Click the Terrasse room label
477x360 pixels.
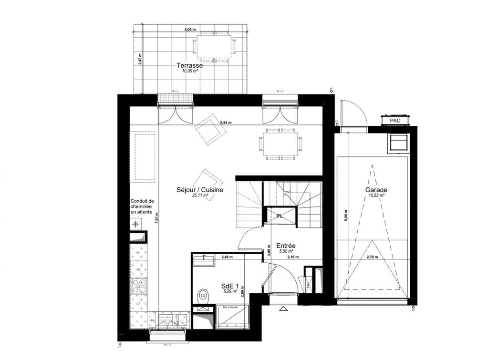point(189,66)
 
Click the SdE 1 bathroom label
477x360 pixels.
point(230,286)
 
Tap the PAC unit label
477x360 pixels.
point(394,121)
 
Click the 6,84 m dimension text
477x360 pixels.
point(226,123)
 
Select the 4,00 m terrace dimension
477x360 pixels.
point(190,30)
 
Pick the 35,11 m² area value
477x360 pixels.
point(201,195)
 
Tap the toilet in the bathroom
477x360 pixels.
point(204,293)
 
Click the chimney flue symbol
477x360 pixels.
point(136,223)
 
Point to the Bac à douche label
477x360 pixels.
point(231,308)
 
